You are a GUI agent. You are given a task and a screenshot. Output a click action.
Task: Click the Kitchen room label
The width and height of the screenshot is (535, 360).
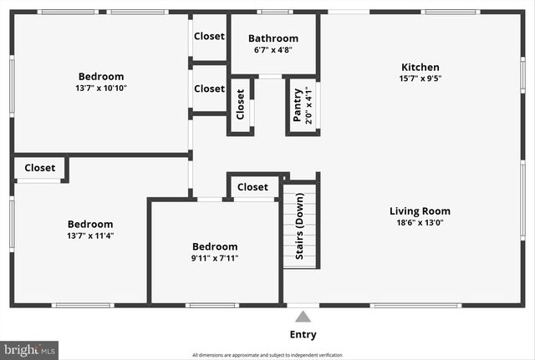coord(420,68)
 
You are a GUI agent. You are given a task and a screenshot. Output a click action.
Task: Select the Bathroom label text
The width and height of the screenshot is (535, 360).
coord(273,38)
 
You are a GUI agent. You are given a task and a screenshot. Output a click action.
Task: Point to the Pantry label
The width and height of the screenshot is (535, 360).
coord(297,105)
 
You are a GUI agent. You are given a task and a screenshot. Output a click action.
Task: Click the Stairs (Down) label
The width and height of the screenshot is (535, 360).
coord(299,226)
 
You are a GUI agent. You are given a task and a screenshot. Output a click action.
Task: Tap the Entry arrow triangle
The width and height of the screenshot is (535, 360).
coord(303,316)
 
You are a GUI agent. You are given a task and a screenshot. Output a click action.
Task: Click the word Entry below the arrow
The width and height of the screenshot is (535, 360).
coord(303,334)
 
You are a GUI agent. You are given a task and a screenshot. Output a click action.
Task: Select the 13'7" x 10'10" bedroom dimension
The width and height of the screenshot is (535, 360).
coord(101,88)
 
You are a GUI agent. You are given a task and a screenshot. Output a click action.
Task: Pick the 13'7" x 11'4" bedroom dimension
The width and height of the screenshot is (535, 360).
coord(89,236)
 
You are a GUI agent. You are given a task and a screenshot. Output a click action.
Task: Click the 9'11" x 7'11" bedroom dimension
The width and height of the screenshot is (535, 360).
coord(215,258)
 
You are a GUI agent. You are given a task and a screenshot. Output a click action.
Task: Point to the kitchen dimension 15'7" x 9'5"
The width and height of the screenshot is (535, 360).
coord(420,79)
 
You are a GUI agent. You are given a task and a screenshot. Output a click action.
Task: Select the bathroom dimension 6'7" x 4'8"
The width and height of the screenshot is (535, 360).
coord(273,49)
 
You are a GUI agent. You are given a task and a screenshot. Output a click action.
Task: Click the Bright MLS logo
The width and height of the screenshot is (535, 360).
coord(30,349)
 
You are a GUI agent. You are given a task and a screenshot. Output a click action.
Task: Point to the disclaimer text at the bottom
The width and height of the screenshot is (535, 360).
coord(267,355)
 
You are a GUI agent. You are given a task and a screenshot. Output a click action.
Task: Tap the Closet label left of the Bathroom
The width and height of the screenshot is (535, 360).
coord(209,36)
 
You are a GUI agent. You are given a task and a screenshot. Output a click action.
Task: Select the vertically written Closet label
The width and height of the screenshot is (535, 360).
coord(240,105)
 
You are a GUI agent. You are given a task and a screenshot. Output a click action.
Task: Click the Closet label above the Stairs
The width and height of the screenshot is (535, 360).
coord(252,187)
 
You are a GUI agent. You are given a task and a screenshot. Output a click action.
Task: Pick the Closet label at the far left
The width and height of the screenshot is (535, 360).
coord(39,168)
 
